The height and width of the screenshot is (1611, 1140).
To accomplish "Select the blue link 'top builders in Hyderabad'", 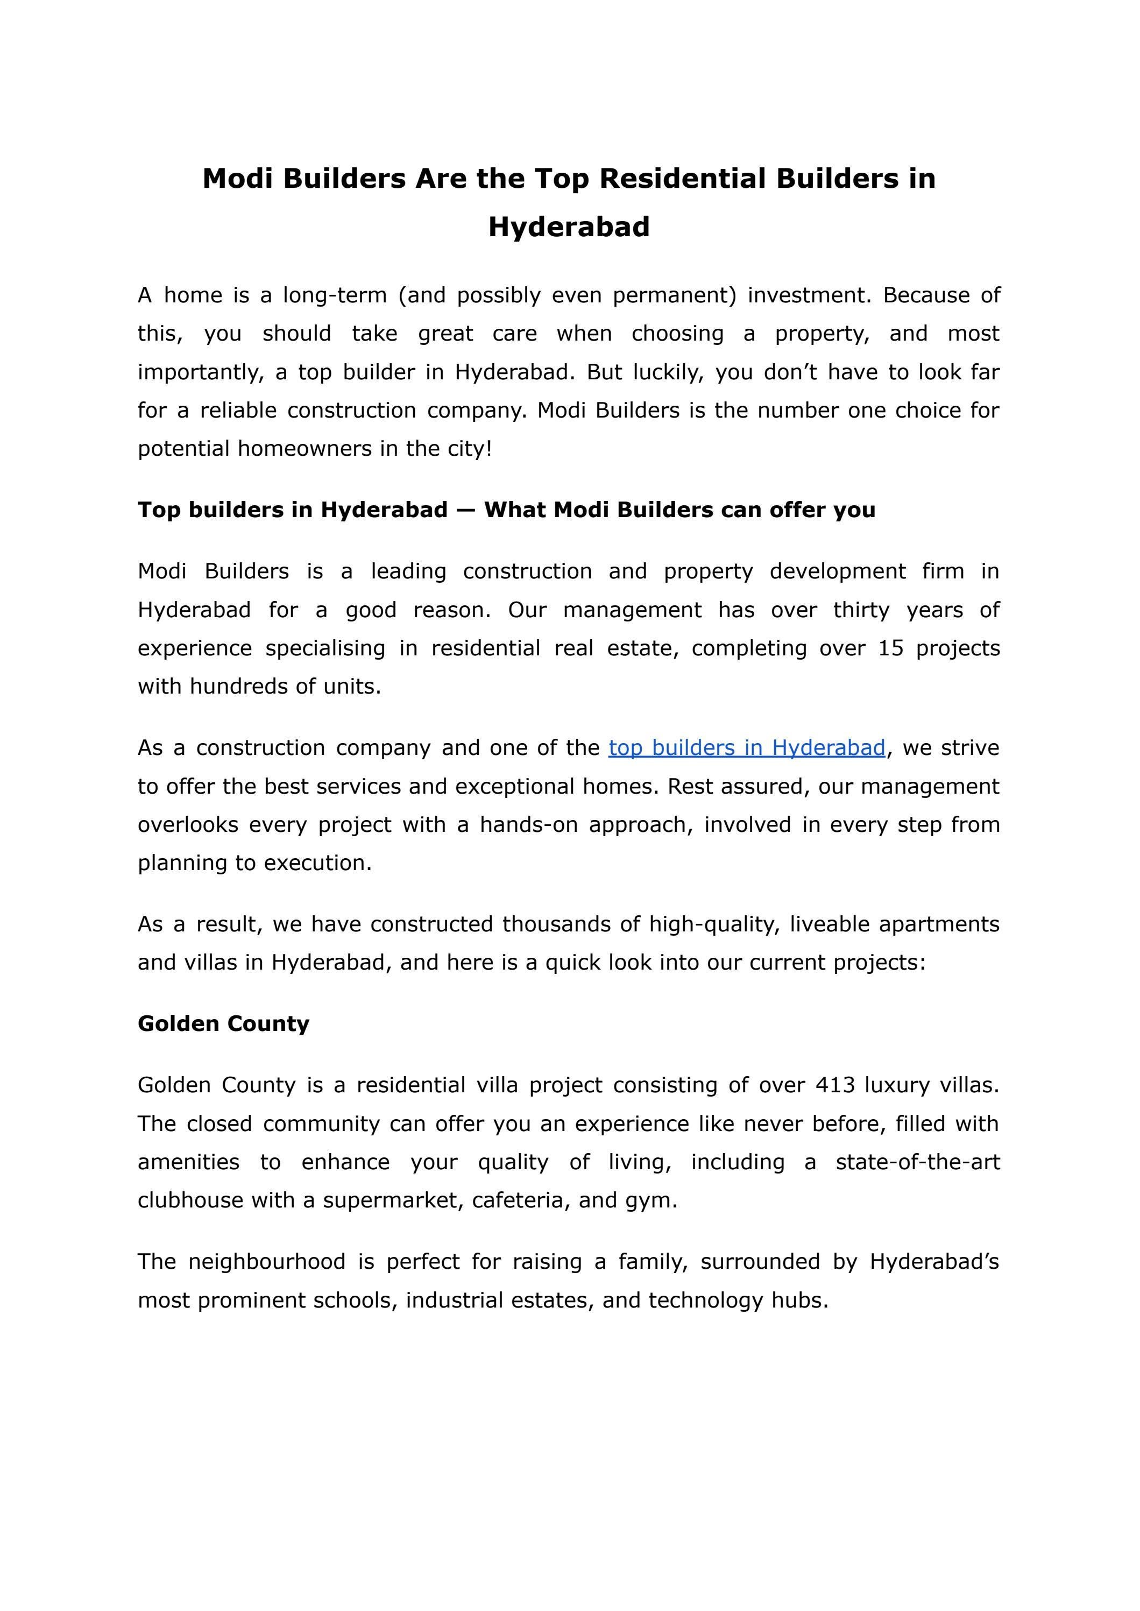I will tap(746, 747).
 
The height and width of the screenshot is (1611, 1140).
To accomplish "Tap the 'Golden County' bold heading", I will tap(223, 1023).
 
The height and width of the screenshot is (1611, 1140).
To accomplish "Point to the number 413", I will tap(834, 1085).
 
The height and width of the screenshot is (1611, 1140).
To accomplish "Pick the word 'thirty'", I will tap(861, 610).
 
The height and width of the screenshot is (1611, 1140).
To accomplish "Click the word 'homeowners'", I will tap(306, 449).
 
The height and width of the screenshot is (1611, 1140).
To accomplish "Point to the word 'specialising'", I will tap(325, 648).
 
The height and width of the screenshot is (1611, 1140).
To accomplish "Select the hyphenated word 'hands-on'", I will tap(529, 824).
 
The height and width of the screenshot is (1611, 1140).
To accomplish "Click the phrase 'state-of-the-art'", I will tap(917, 1162).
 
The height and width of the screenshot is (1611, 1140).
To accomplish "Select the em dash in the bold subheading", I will tap(465, 510).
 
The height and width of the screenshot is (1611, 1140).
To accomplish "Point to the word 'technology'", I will tap(705, 1300).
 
